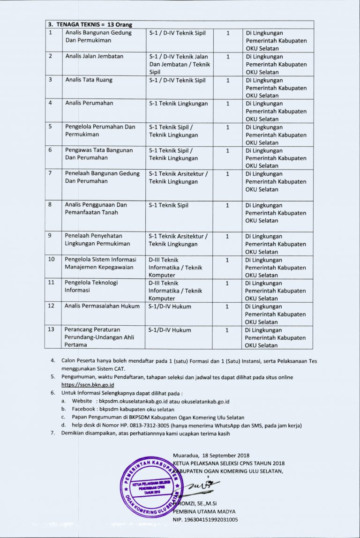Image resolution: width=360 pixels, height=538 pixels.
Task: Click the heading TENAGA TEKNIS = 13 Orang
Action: pyautogui.click(x=89, y=24)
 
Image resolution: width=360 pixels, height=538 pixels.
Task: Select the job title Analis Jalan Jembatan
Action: pyautogui.click(x=94, y=56)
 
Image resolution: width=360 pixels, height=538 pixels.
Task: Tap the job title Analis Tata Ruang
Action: pyautogui.click(x=89, y=80)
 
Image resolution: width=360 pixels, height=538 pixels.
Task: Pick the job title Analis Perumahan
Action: pyautogui.click(x=89, y=103)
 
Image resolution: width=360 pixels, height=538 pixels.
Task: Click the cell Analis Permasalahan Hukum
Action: pyautogui.click(x=102, y=306)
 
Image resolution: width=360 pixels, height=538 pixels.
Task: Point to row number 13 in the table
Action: pyautogui.click(x=52, y=329)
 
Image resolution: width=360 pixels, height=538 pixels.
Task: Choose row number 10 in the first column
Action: pyautogui.click(x=52, y=259)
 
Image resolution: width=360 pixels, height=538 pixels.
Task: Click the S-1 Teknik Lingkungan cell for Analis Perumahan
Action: pyautogui.click(x=178, y=104)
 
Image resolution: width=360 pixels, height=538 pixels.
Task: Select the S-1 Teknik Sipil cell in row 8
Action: pyautogui.click(x=169, y=205)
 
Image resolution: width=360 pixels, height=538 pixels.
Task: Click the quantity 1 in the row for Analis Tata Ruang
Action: pyautogui.click(x=228, y=80)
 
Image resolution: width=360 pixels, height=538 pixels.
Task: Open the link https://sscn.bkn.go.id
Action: pyautogui.click(x=88, y=385)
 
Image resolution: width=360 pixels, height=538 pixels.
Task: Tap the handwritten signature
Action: pyautogui.click(x=197, y=485)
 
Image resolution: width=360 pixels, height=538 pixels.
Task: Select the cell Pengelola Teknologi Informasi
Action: pyautogui.click(x=91, y=286)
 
